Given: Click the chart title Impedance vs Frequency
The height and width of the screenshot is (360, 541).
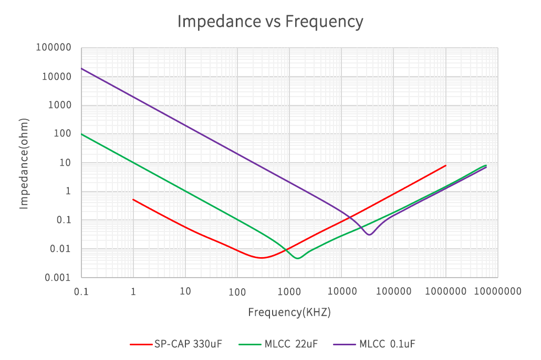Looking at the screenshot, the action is (270, 22).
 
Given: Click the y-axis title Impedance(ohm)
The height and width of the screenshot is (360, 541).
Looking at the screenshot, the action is (24, 163).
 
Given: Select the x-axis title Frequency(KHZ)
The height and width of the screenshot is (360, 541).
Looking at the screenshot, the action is (289, 312).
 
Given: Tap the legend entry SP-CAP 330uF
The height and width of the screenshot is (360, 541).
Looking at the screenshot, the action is (176, 344).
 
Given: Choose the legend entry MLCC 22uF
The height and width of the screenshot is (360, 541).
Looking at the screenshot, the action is (278, 344).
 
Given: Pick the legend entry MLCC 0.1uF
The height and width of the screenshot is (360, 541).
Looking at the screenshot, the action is (374, 344).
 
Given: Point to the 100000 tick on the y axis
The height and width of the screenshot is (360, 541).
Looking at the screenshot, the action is (54, 47).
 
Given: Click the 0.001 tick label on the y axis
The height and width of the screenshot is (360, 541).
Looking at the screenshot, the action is (58, 278).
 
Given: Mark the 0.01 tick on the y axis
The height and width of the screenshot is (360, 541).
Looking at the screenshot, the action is (60, 249).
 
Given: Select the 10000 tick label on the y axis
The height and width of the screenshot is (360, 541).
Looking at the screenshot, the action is (57, 76).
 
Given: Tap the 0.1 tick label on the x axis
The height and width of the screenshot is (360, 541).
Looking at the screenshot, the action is (81, 292).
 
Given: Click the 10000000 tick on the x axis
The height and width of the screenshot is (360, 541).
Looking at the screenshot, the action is (497, 292).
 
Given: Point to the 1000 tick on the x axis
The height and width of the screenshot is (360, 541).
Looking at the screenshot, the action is (289, 292).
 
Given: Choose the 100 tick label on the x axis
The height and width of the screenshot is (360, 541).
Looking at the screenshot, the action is (237, 292).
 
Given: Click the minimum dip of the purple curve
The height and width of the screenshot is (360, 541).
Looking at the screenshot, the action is (370, 235).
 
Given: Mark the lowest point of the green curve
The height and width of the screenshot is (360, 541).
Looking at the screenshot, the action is (298, 258).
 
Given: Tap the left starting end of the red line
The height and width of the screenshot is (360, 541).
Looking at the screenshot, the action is (133, 199).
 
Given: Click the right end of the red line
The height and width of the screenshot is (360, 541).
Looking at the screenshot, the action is (446, 165).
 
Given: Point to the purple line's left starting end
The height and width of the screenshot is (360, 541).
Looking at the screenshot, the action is (81, 68).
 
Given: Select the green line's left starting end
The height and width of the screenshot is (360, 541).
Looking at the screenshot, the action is (81, 134).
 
